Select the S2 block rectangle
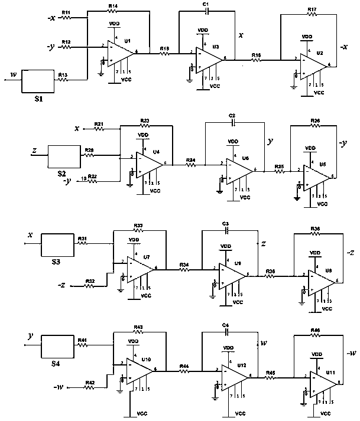point(63,156)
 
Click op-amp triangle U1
point(122,53)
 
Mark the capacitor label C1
point(206,5)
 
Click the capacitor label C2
point(232,115)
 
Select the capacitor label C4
point(225,325)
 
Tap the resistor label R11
point(66,12)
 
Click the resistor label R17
point(312,9)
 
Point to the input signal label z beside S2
point(34,151)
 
